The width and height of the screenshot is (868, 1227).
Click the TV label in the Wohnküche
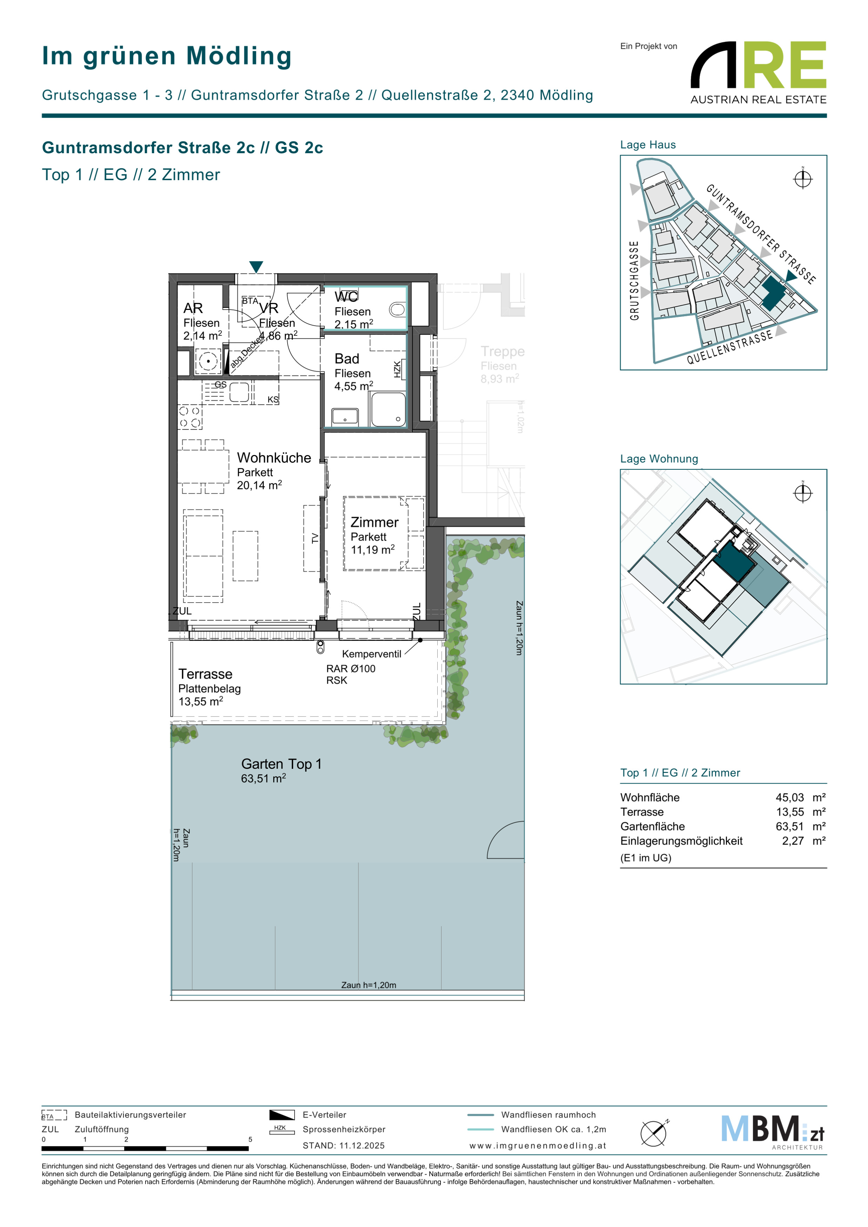click(x=315, y=538)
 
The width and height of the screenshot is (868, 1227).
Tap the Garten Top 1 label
click(x=281, y=764)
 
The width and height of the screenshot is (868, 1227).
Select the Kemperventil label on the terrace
click(x=371, y=654)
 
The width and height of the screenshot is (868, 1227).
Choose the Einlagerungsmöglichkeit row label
click(x=681, y=841)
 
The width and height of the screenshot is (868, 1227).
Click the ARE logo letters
click(x=759, y=65)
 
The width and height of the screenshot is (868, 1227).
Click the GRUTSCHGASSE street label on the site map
click(x=634, y=280)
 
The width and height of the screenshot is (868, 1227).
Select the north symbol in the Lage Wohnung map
click(x=803, y=492)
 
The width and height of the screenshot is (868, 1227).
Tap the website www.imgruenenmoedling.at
click(x=538, y=1146)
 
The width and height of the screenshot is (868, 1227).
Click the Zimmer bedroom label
click(x=374, y=523)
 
